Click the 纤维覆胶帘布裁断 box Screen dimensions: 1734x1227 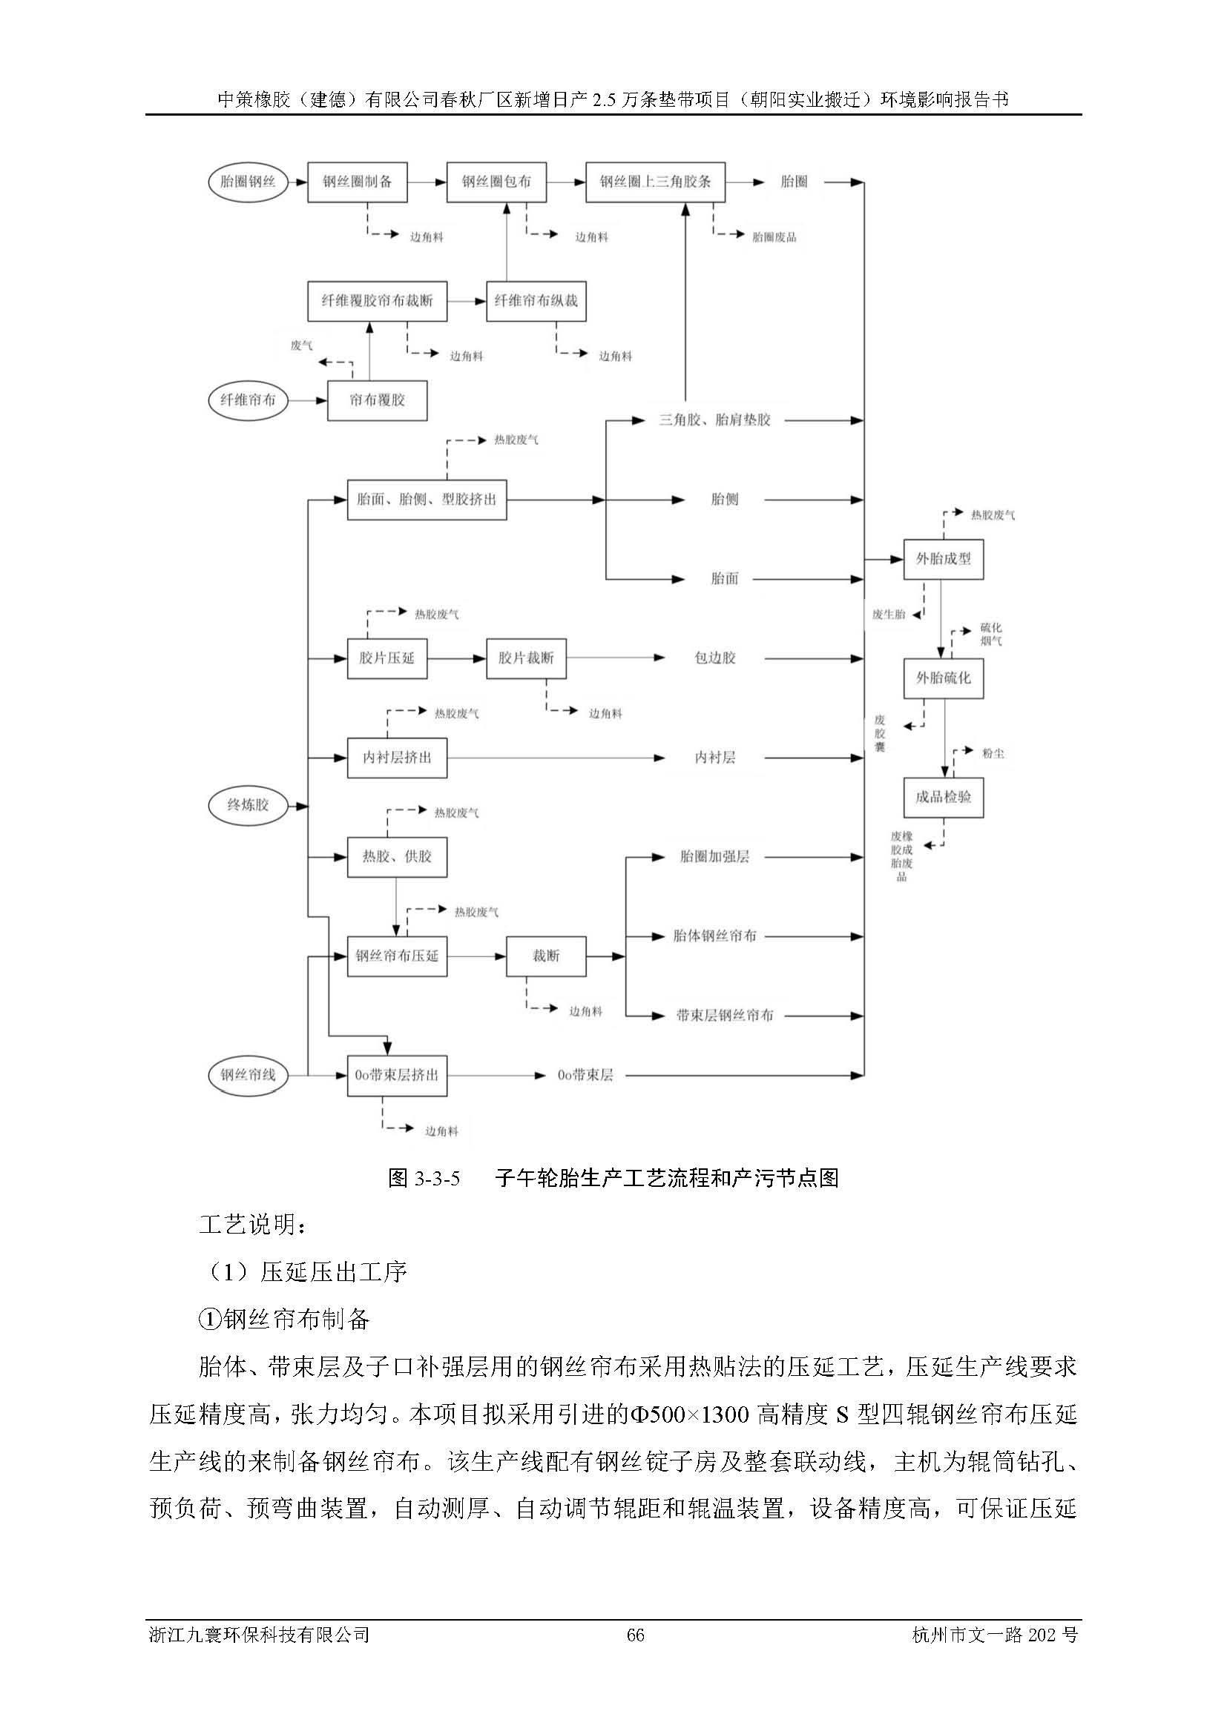click(377, 300)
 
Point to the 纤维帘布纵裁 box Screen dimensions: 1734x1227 click(536, 300)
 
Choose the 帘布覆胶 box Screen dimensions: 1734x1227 click(377, 400)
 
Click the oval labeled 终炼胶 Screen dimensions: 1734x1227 click(248, 805)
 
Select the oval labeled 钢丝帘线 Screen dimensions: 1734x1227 click(248, 1075)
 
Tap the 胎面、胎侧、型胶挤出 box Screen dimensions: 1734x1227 click(426, 499)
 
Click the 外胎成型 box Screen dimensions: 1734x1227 click(943, 559)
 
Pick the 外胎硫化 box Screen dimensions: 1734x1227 click(943, 678)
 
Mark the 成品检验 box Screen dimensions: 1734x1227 click(943, 798)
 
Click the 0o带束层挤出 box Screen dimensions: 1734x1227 click(397, 1075)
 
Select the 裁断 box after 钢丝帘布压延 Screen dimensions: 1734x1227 click(545, 956)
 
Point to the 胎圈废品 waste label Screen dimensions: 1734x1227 click(774, 237)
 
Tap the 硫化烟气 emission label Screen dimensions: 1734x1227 click(990, 635)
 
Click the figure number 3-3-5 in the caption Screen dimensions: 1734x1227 click(438, 1177)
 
